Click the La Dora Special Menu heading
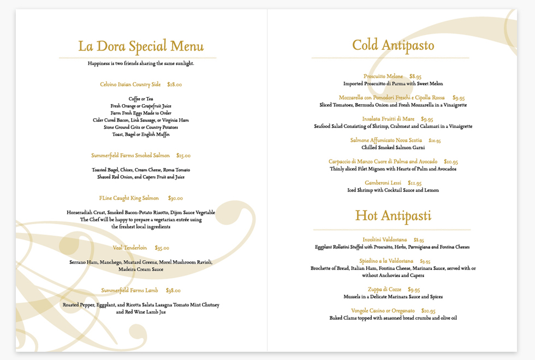coord(141,46)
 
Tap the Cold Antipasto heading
coord(393,45)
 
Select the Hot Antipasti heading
coord(393,215)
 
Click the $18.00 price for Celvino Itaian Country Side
coord(175,85)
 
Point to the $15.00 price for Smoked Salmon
coord(183,155)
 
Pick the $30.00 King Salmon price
coord(175,198)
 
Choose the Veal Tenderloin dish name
coord(130,248)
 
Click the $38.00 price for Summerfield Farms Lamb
coord(173,290)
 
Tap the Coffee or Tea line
coord(141,99)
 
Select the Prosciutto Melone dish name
coord(383,76)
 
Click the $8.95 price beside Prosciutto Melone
coord(415,76)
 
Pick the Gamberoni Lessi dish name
coord(383,183)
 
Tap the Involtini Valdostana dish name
coord(384,239)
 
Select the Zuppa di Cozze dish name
coord(384,289)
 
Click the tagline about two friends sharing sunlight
coord(141,63)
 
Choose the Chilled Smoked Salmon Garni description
coord(393,147)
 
